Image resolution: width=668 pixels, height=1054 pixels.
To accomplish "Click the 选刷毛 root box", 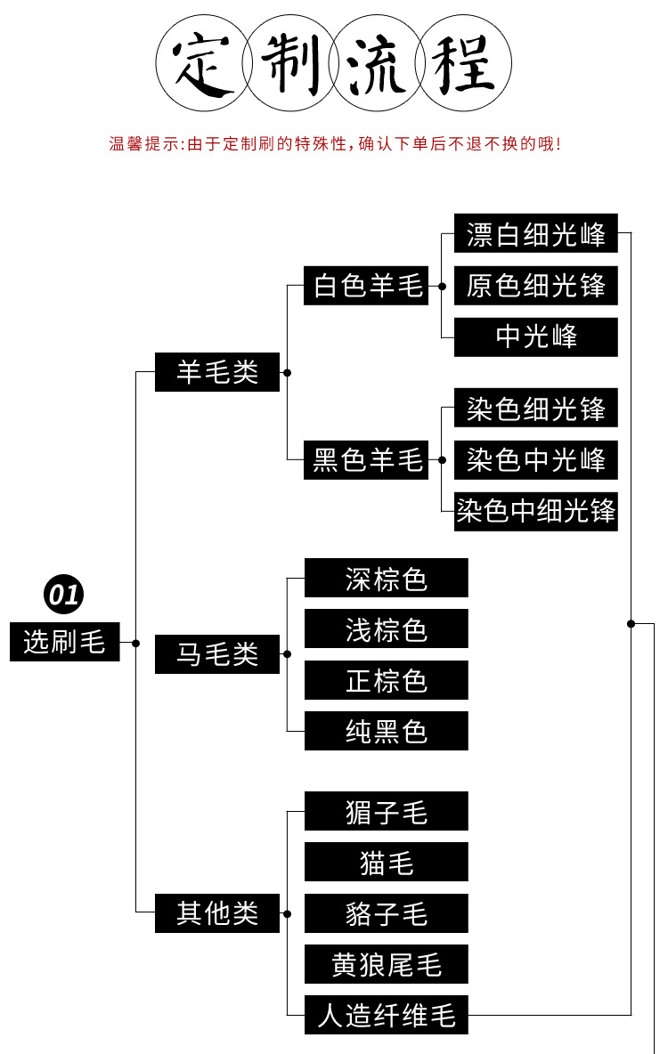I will pyautogui.click(x=64, y=642).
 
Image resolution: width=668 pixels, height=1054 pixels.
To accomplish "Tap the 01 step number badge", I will pyautogui.click(x=63, y=595).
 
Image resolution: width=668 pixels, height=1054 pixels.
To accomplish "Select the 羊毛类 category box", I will pyautogui.click(x=216, y=372).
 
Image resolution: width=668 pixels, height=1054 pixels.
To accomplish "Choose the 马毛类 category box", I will pyautogui.click(x=216, y=654).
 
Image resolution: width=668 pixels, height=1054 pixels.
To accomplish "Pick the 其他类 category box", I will pyautogui.click(x=216, y=913).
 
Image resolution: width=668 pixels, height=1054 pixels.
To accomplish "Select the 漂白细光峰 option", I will pyautogui.click(x=535, y=235).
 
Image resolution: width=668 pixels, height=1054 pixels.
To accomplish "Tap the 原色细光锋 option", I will pyautogui.click(x=535, y=286).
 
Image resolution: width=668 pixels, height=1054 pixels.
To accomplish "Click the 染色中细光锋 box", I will pyautogui.click(x=535, y=512).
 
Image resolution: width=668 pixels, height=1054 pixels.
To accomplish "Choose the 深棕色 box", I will pyautogui.click(x=386, y=579).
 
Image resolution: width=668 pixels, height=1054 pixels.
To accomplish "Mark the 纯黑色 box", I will pyautogui.click(x=386, y=732).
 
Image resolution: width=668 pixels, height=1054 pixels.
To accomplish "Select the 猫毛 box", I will pyautogui.click(x=386, y=862).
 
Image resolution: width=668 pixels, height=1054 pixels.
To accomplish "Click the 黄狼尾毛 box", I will pyautogui.click(x=386, y=964).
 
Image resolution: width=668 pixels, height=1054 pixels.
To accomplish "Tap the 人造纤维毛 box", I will pyautogui.click(x=386, y=1015).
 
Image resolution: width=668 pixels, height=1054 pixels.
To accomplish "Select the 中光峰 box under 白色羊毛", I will pyautogui.click(x=535, y=337).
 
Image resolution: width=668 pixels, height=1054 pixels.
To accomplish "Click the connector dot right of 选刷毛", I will pyautogui.click(x=135, y=643).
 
